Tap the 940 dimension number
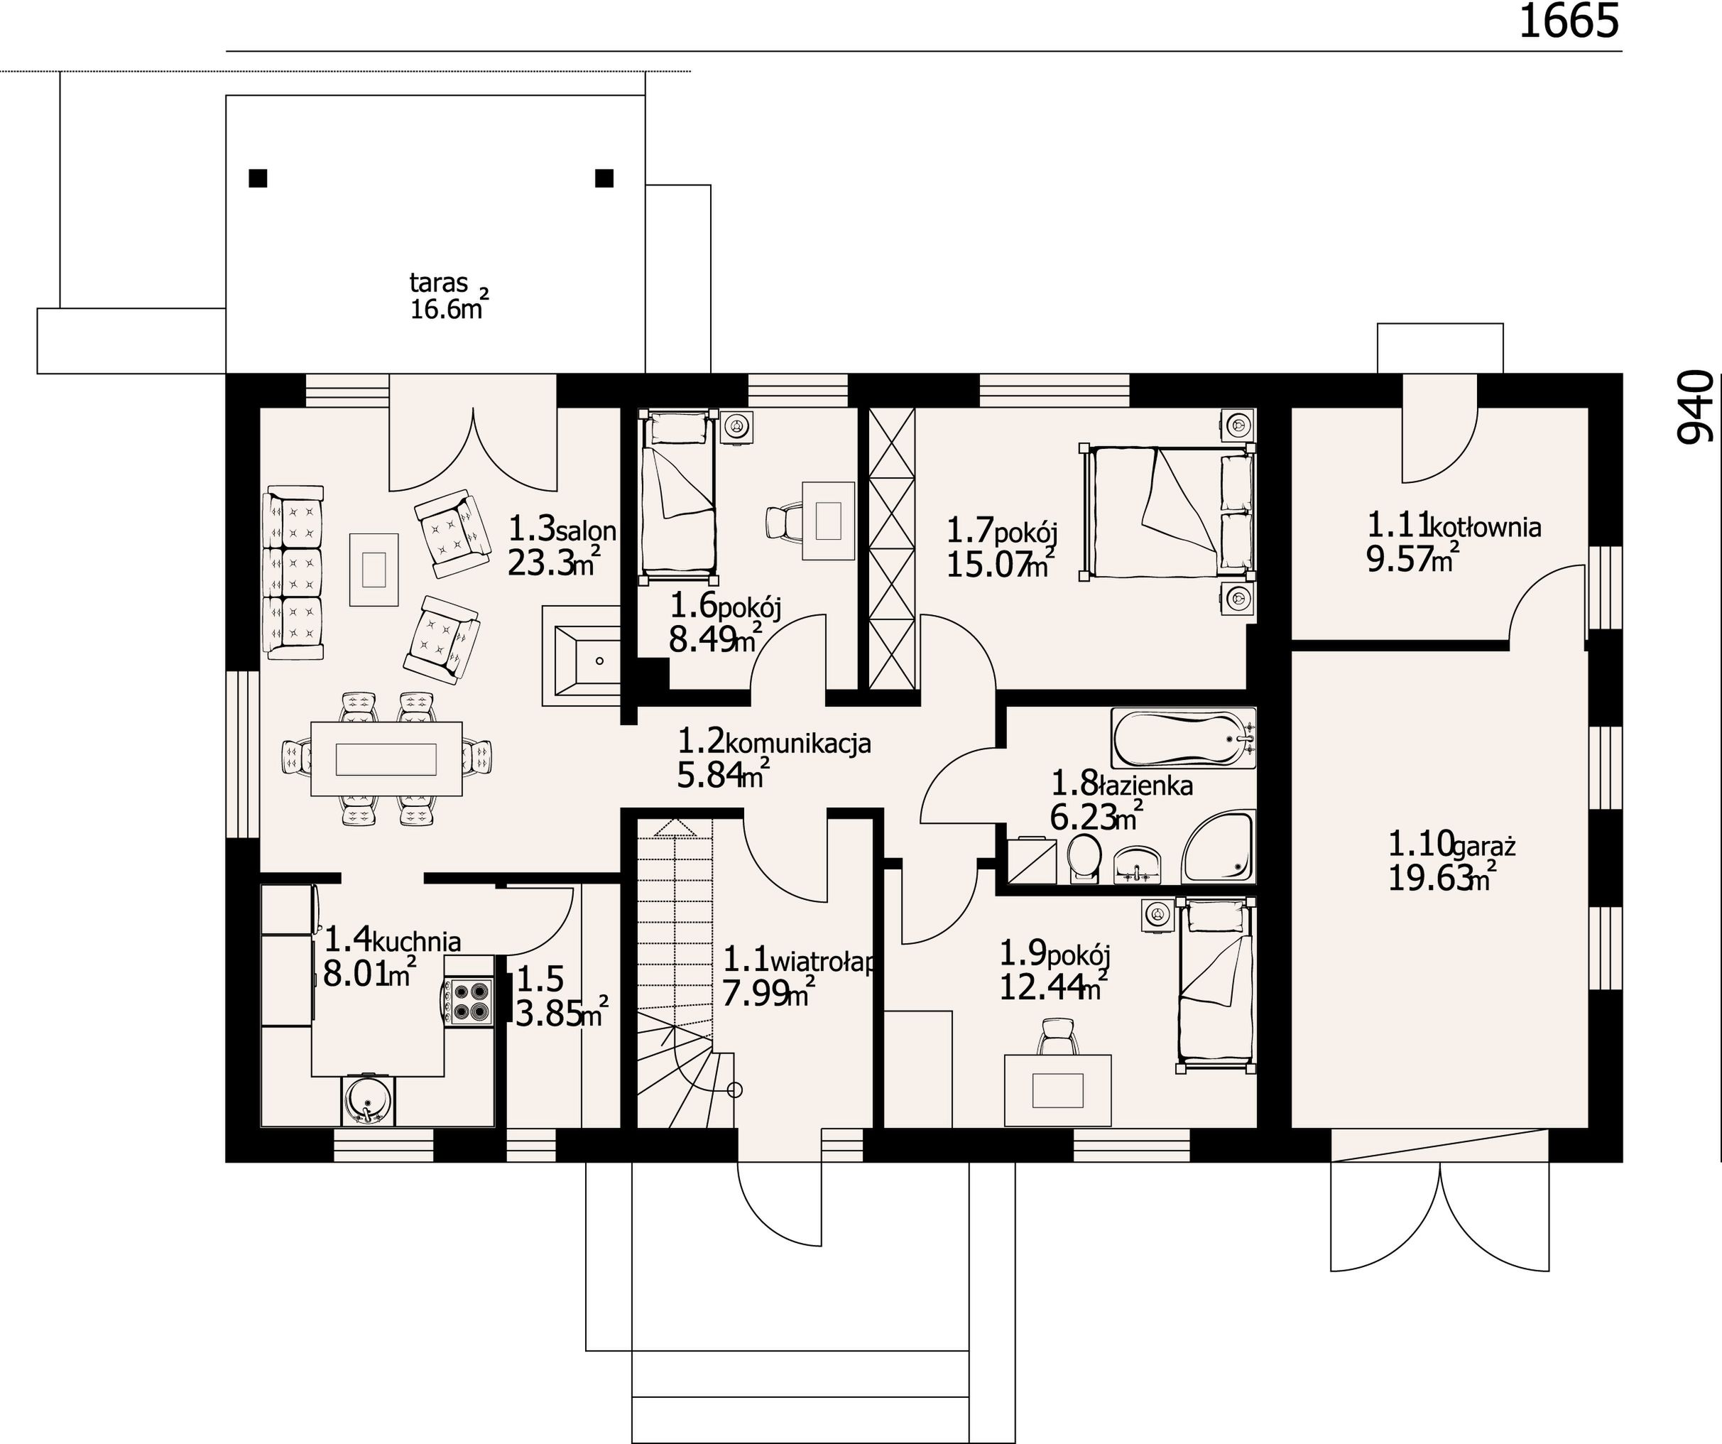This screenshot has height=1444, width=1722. [1695, 407]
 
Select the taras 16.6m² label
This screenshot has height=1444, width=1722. [449, 296]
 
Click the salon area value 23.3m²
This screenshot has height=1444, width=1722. [553, 562]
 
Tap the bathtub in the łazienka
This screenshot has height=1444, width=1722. [1183, 739]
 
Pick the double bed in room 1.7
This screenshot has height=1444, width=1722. [1169, 511]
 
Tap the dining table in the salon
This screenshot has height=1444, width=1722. [386, 759]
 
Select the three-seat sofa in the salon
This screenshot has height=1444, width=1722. [293, 572]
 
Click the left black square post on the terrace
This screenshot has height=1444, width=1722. [258, 178]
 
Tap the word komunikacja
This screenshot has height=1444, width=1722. [798, 744]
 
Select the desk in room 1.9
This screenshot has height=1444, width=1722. [1058, 1090]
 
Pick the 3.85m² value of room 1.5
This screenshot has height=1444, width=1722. [561, 1014]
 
